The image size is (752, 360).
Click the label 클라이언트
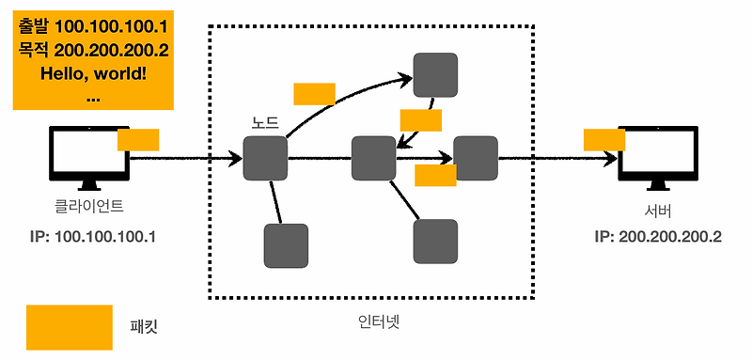point(90,206)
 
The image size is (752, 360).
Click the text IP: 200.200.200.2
point(658,236)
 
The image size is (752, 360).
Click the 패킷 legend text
point(144,327)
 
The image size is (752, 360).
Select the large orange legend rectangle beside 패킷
point(69,327)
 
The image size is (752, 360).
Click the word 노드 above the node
point(264,123)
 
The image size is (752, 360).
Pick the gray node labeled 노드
point(265,158)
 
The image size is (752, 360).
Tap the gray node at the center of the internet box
point(373,158)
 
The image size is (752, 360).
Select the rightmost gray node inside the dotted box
point(475,158)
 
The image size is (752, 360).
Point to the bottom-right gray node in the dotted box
point(435,242)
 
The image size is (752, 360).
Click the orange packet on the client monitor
point(138,139)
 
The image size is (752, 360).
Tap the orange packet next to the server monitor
point(604,139)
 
